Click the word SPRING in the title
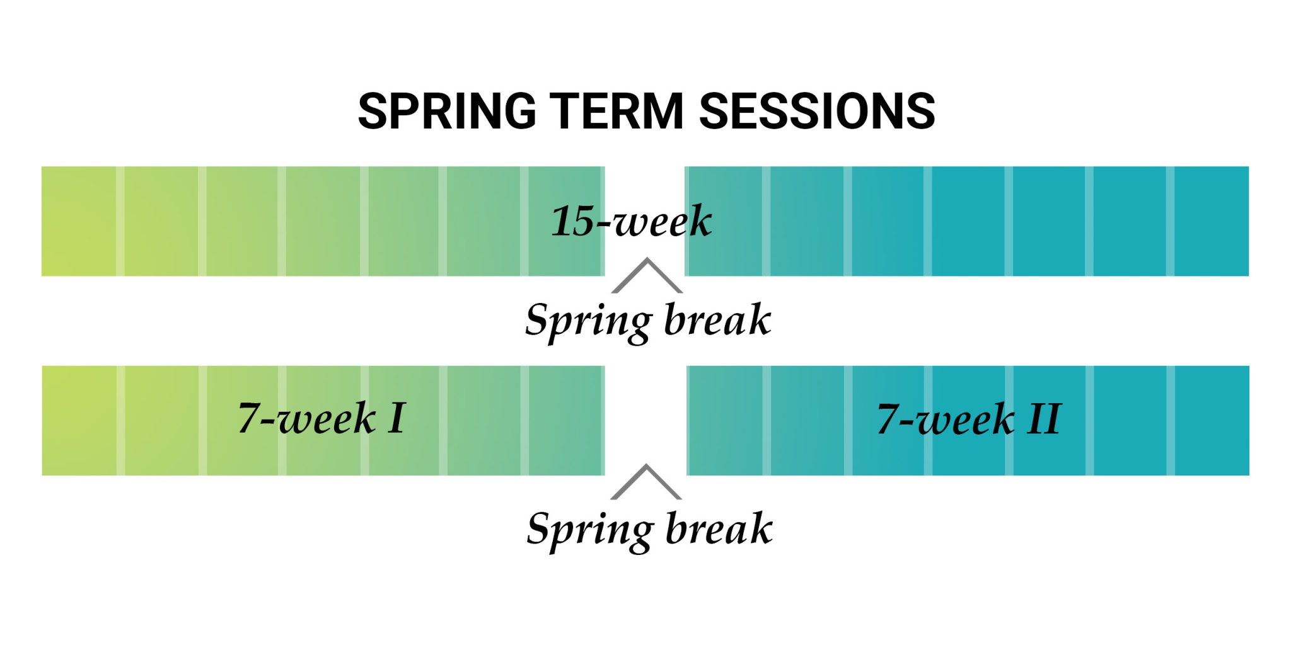446,111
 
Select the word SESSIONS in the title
817,111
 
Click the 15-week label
631,221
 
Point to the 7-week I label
321,418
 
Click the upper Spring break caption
648,320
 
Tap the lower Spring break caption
649,528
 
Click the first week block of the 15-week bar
79,221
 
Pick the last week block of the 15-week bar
1211,221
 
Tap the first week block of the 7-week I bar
79,420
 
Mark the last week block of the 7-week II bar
1212,420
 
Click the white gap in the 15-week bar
645,189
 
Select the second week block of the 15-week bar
161,221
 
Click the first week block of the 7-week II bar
726,420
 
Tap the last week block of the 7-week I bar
565,420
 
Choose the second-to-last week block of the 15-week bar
1130,221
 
